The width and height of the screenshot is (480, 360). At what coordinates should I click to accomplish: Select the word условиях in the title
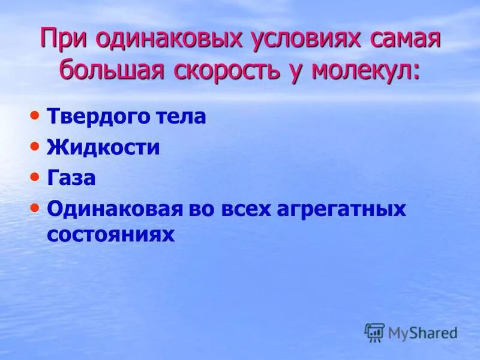pyautogui.click(x=300, y=40)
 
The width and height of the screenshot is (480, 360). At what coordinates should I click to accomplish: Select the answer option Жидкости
pyautogui.click(x=103, y=148)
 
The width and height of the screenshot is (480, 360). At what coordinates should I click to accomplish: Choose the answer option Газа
pyautogui.click(x=71, y=179)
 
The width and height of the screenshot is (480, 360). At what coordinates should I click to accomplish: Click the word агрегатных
pyautogui.click(x=341, y=210)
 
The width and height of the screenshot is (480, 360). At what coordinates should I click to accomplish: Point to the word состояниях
pyautogui.click(x=110, y=235)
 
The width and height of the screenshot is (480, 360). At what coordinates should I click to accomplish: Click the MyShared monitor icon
pyautogui.click(x=375, y=332)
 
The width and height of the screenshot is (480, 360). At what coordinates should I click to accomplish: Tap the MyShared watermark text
pyautogui.click(x=422, y=332)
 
